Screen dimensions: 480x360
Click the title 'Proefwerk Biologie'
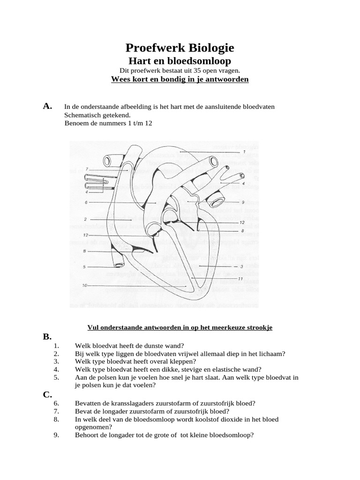pos(180,48)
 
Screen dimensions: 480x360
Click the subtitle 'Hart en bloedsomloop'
pos(180,61)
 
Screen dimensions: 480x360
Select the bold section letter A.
pos(47,106)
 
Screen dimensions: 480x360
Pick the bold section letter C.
pos(47,394)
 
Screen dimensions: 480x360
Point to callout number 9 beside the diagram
pos(244,202)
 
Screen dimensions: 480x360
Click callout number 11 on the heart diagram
pos(240,279)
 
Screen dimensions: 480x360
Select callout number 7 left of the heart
pos(87,169)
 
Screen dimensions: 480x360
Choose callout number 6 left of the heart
pos(87,202)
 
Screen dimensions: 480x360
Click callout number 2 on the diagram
pos(87,219)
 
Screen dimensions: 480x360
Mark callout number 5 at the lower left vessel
pos(85,267)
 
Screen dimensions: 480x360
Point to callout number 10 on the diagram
pos(85,285)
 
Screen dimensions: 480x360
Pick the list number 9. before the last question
pos(56,435)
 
